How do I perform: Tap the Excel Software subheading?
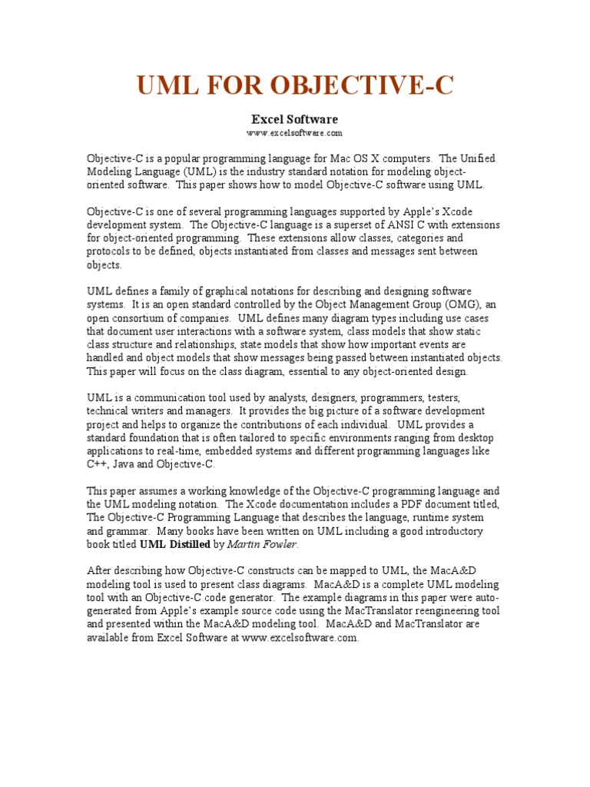295,120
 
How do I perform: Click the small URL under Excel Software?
295,133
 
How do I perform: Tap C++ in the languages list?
98,464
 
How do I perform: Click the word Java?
126,464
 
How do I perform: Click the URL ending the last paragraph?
300,638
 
